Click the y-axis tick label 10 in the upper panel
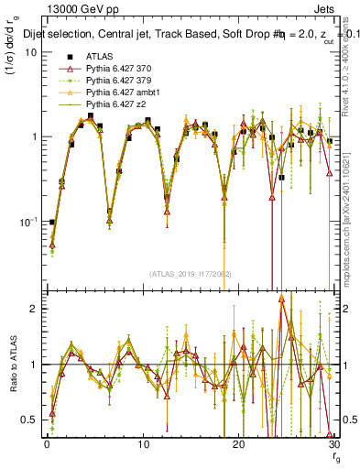[x=30, y=51]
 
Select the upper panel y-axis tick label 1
[x=33, y=136]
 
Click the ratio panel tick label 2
[x=33, y=309]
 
